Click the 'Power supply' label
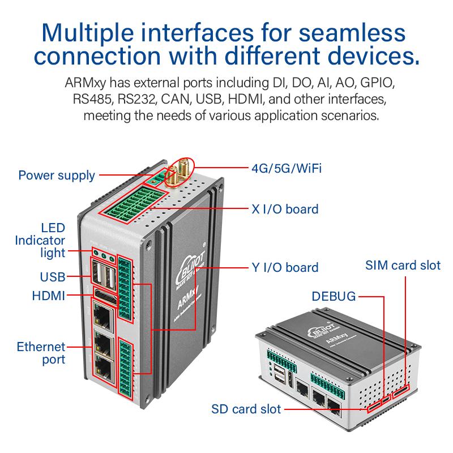[57, 175]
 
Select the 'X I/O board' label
[285, 209]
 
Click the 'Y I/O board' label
[285, 267]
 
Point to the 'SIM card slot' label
[403, 265]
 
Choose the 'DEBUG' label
[334, 296]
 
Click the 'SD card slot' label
[246, 409]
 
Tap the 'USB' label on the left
[52, 277]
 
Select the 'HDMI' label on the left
[49, 295]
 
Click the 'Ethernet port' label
[41, 353]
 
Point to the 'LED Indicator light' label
[49, 240]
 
